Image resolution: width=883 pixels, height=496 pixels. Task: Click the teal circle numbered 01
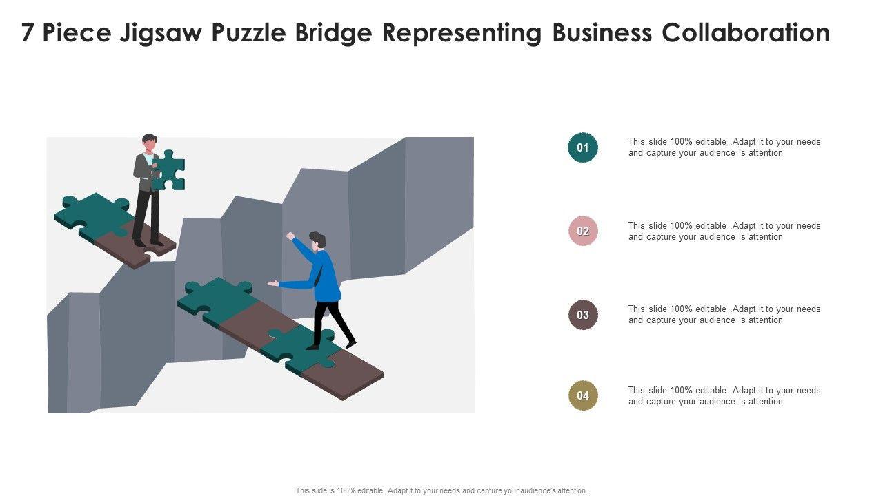tap(583, 147)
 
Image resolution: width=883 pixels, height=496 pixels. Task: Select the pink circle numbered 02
tap(583, 231)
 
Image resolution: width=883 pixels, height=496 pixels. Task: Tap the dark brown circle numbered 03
tap(583, 315)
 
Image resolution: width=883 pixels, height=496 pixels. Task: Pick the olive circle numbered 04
tap(583, 395)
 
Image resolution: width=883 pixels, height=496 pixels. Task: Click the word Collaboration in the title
tap(746, 32)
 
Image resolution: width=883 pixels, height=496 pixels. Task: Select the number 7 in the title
tap(28, 32)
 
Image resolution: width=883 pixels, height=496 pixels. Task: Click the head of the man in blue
tap(317, 241)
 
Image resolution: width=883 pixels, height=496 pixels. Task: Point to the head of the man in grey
tap(148, 143)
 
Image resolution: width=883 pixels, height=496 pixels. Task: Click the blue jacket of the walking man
tap(324, 276)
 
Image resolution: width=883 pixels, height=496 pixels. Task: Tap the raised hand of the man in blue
tap(290, 236)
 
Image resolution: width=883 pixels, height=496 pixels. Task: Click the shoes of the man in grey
tap(148, 243)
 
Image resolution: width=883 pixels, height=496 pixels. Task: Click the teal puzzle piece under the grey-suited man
tap(93, 211)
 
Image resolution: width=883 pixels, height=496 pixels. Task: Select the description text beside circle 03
tap(724, 314)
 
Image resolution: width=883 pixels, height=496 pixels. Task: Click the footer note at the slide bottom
tap(441, 490)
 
